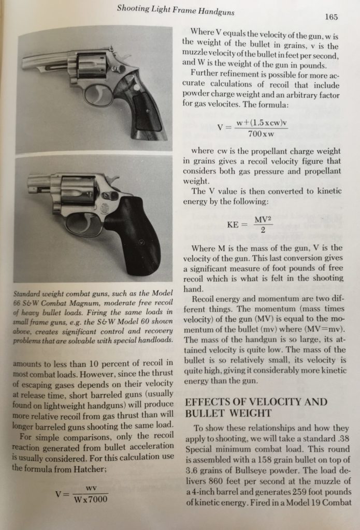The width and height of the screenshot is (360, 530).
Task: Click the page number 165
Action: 332,17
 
